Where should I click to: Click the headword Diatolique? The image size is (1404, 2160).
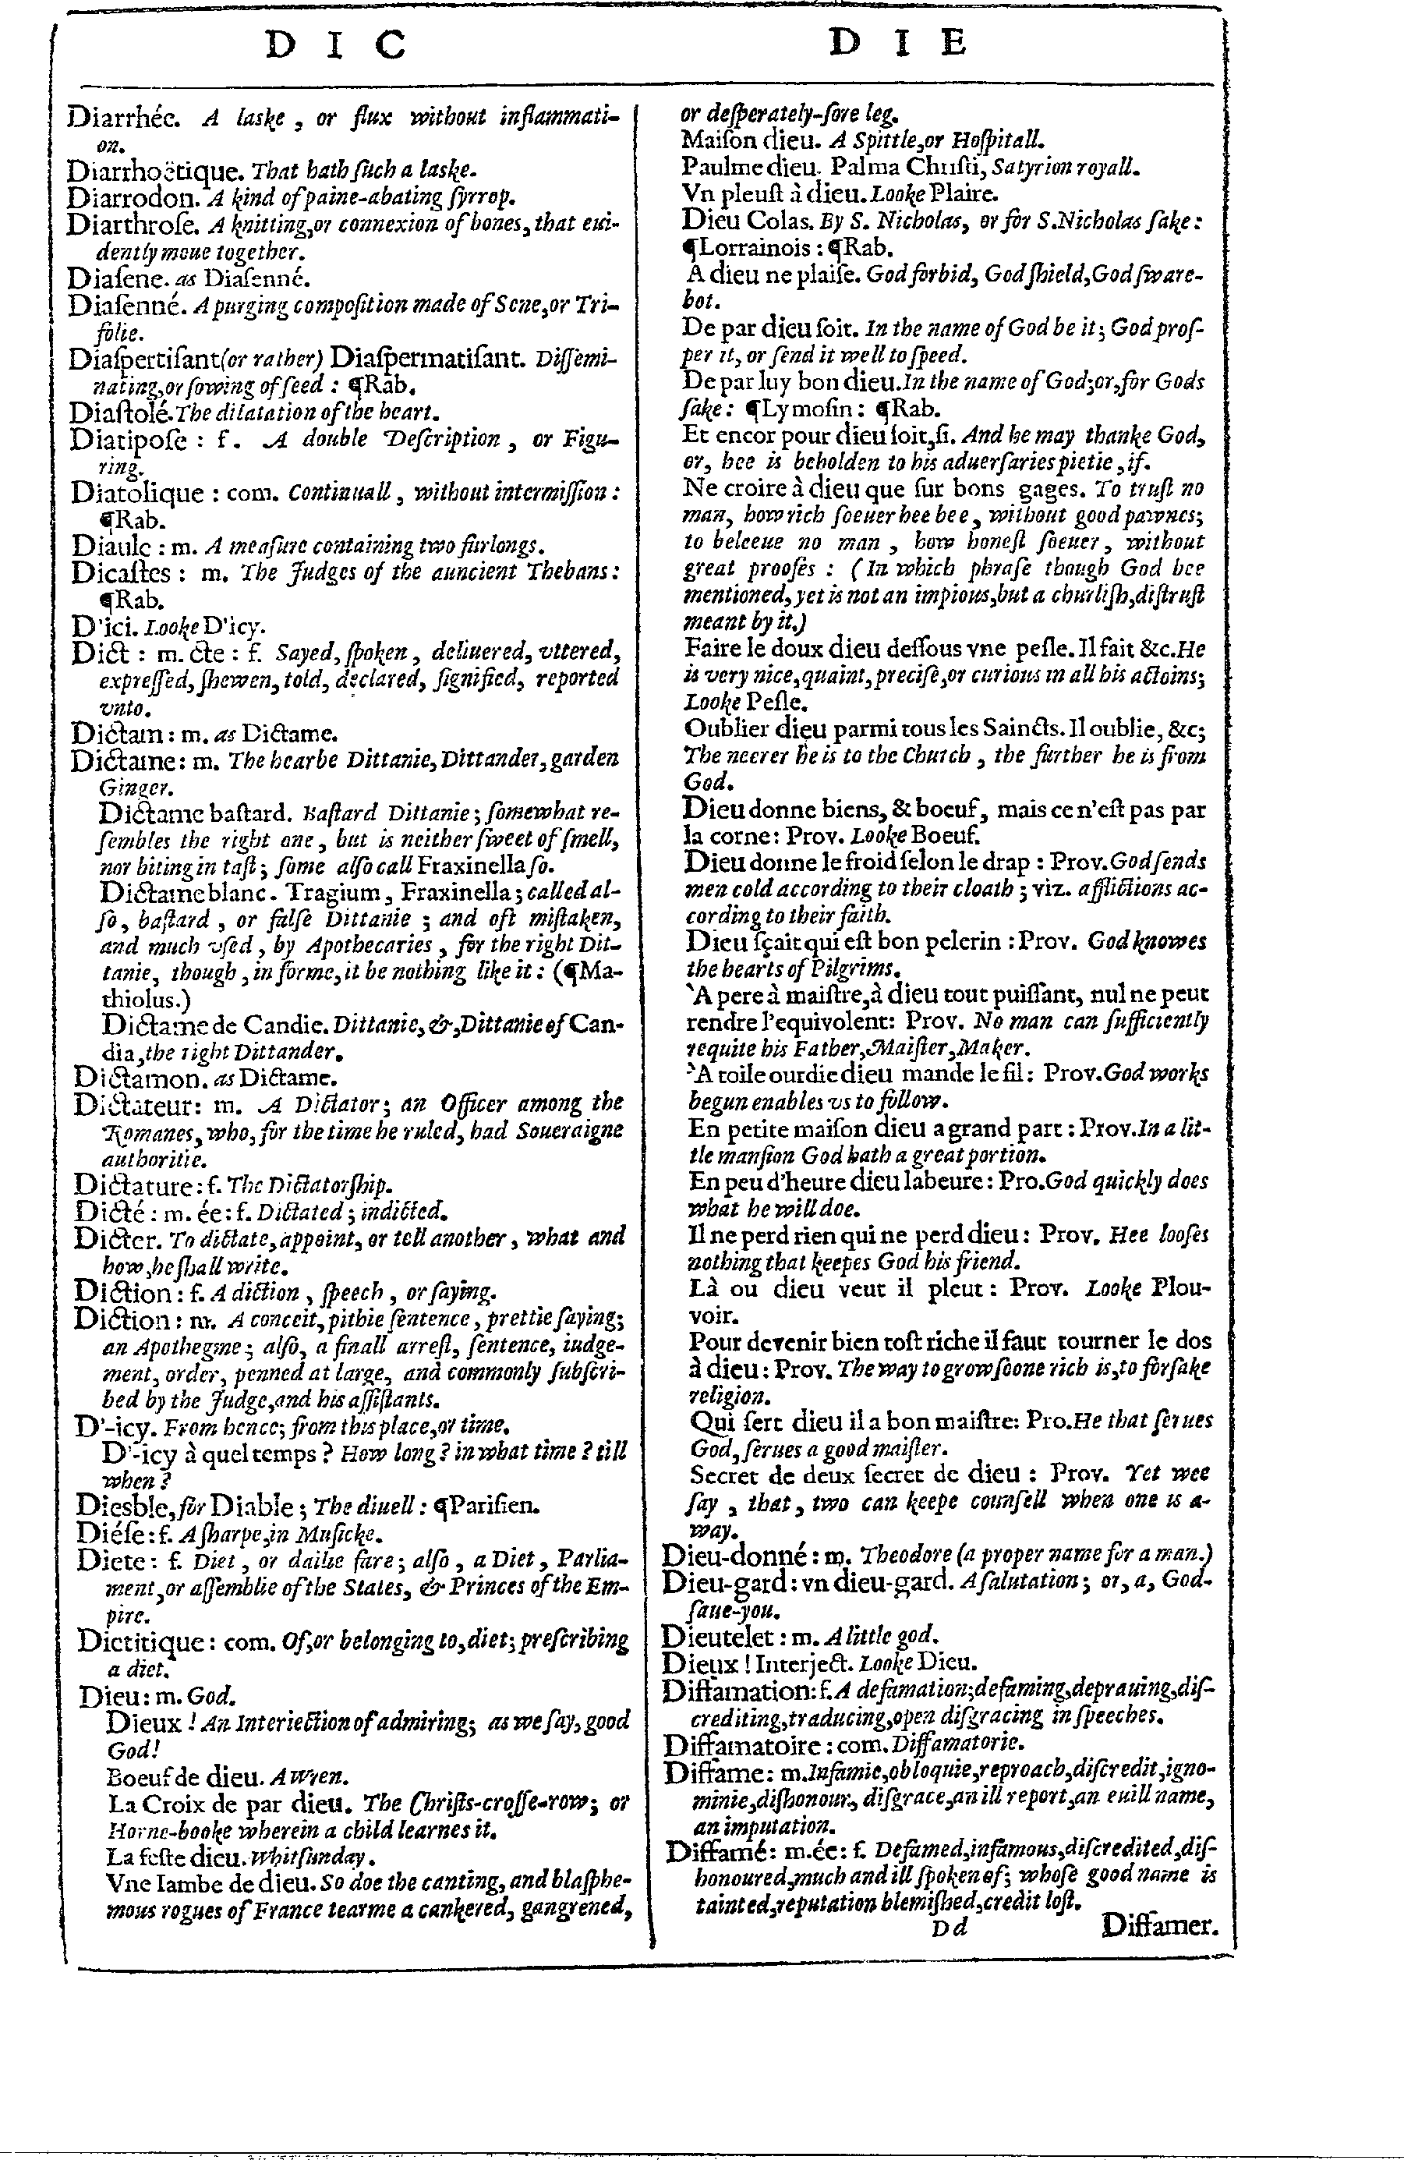137,493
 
